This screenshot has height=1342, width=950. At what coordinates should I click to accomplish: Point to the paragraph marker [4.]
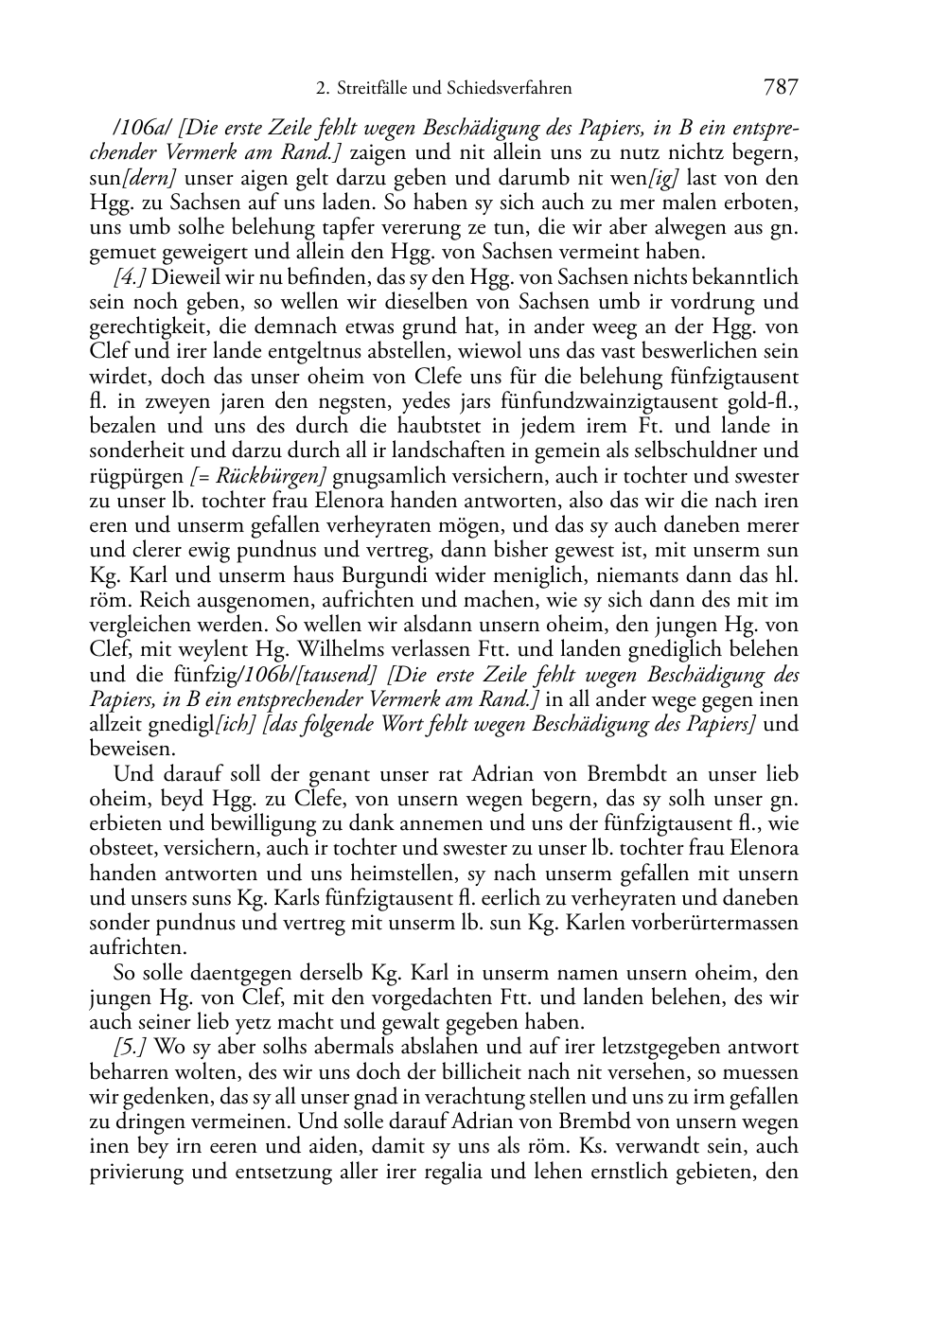coord(130,277)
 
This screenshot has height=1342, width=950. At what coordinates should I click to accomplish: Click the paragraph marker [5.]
coord(131,1048)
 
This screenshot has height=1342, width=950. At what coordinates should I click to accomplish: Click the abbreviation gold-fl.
coord(767,401)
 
